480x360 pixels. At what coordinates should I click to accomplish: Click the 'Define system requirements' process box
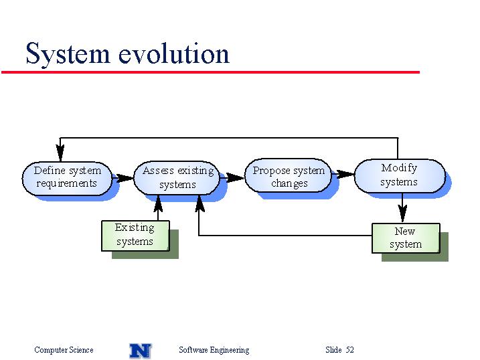pos(67,179)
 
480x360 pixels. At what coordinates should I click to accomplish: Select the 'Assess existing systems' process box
pos(177,178)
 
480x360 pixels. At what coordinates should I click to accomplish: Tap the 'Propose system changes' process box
pos(288,175)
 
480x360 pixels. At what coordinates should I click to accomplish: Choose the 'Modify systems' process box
pos(400,176)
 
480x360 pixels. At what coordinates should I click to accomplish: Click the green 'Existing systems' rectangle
pos(135,236)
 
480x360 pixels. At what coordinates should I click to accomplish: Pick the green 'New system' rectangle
pos(406,238)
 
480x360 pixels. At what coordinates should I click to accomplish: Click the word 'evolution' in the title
pos(173,54)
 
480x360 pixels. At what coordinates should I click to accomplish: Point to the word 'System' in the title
pos(68,54)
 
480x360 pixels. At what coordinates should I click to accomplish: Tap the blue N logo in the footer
pos(141,351)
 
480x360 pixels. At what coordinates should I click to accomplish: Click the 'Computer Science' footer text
pos(64,350)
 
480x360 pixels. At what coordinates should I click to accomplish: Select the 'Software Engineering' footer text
pos(214,350)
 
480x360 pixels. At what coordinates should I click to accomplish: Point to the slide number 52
pos(350,349)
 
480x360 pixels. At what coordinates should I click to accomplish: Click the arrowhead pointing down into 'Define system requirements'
pos(60,153)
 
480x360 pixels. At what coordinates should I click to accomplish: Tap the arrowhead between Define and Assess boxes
pos(125,178)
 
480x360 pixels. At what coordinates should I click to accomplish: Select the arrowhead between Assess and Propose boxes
pos(235,177)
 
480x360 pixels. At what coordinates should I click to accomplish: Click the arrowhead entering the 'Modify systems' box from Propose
pos(345,175)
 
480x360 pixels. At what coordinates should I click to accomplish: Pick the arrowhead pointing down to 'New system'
pos(402,213)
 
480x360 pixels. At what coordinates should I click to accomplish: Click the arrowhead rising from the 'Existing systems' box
pos(158,204)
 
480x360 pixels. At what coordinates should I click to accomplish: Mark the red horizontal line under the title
pos(211,72)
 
